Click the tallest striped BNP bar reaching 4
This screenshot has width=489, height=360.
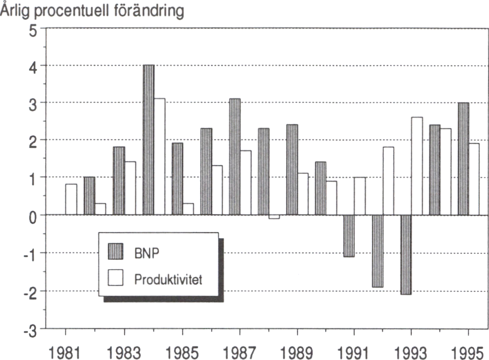pos(148,140)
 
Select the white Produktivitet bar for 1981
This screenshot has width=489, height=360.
pos(71,200)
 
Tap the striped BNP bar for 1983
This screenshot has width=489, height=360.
pos(119,181)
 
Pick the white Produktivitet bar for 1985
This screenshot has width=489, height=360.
pos(188,209)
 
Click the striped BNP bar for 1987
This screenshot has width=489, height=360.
pos(235,157)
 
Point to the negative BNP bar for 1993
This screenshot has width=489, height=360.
pos(405,254)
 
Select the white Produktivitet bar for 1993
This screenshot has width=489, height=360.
pos(416,166)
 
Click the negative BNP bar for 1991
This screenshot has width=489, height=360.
pos(349,236)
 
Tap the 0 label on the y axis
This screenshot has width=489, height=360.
pos(34,216)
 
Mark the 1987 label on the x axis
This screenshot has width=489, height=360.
pos(240,352)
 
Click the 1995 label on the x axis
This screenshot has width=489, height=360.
pos(468,352)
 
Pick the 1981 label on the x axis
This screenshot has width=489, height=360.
pos(66,352)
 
